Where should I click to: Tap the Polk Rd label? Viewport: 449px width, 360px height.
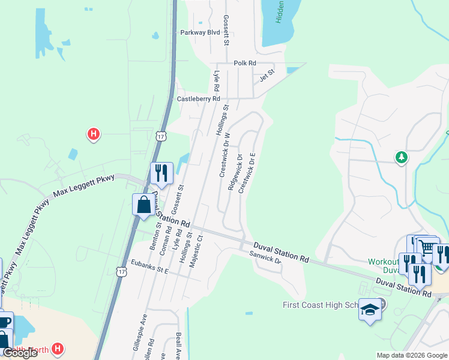tap(245, 63)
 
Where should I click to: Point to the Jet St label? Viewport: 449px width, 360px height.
tap(267, 76)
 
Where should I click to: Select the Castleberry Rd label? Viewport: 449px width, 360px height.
tap(198, 98)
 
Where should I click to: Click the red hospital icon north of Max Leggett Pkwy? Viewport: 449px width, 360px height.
tap(93, 134)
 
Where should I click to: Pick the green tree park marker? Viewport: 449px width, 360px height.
tap(401, 157)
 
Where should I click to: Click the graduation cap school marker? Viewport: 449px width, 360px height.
tap(370, 310)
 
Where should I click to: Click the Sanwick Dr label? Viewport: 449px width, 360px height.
tap(265, 258)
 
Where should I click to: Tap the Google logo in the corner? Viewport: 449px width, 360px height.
tap(20, 353)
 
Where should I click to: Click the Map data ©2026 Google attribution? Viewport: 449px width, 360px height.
tap(411, 355)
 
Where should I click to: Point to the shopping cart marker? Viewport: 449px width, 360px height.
tap(427, 247)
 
